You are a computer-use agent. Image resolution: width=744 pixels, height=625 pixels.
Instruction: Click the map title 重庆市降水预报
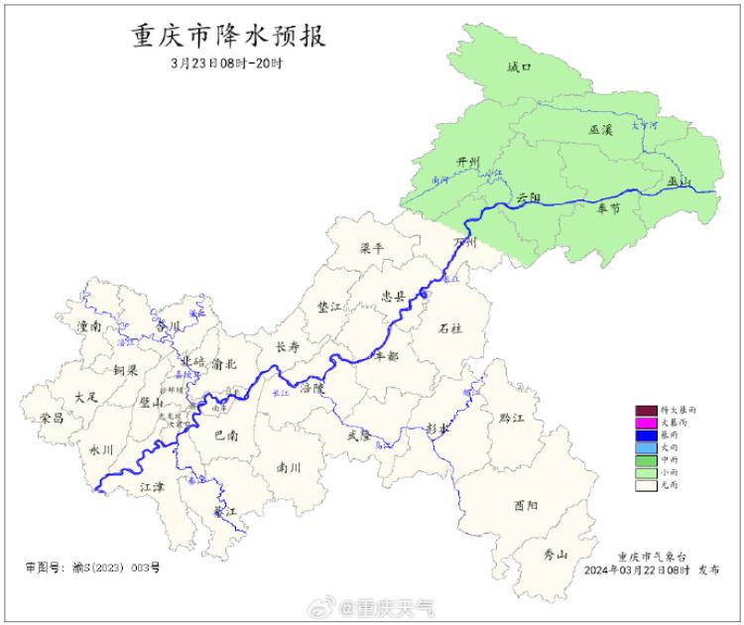(x=229, y=38)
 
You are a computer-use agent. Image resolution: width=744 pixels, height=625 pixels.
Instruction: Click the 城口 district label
(x=519, y=68)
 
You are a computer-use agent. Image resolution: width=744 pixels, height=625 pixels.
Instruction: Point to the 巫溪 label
(x=601, y=131)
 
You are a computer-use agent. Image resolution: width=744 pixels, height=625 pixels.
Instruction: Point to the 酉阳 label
(x=526, y=506)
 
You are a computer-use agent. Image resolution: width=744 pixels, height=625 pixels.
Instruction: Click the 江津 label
(x=152, y=486)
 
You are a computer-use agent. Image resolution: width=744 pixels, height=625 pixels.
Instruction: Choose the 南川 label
(x=289, y=466)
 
